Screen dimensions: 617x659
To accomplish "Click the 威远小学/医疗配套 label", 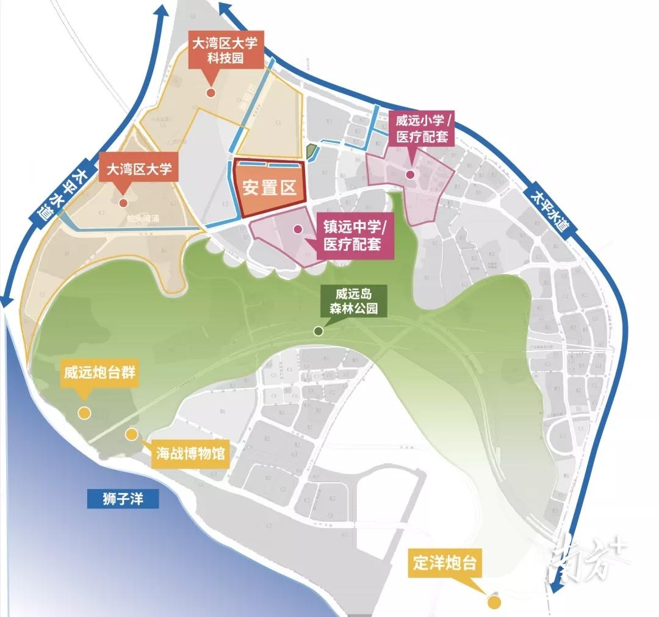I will [422, 128].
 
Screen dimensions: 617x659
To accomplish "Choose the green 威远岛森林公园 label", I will [349, 301].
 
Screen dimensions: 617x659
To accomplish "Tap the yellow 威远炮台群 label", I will [99, 373].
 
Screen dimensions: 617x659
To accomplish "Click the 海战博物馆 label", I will [190, 453].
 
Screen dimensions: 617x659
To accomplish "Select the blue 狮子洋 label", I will [122, 499].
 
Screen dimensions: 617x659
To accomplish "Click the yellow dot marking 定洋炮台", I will [494, 602].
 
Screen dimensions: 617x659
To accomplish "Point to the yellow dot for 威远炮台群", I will [85, 413].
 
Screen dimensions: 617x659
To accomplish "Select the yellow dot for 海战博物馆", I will [131, 434].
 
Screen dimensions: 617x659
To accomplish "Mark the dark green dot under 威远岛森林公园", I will [318, 331].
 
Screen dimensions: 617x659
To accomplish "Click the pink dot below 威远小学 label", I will [410, 175].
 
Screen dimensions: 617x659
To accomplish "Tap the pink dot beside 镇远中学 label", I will [297, 229].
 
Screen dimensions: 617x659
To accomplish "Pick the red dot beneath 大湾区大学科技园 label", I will [211, 93].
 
